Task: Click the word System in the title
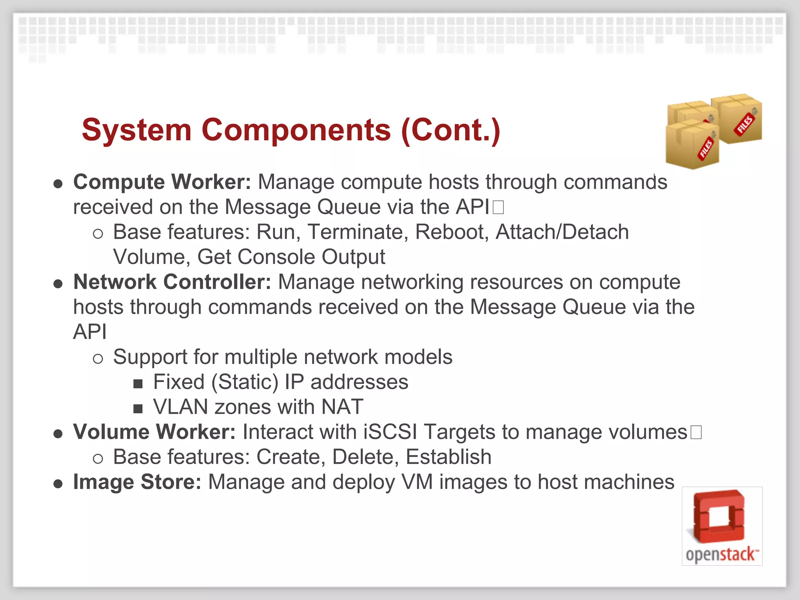tap(137, 130)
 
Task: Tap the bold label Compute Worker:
tap(162, 182)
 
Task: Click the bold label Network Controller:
tap(172, 282)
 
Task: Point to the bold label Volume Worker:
tap(154, 432)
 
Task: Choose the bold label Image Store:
tap(137, 482)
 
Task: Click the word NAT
tap(342, 407)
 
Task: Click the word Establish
tap(448, 457)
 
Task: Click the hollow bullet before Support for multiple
tap(98, 359)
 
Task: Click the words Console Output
tap(311, 257)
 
